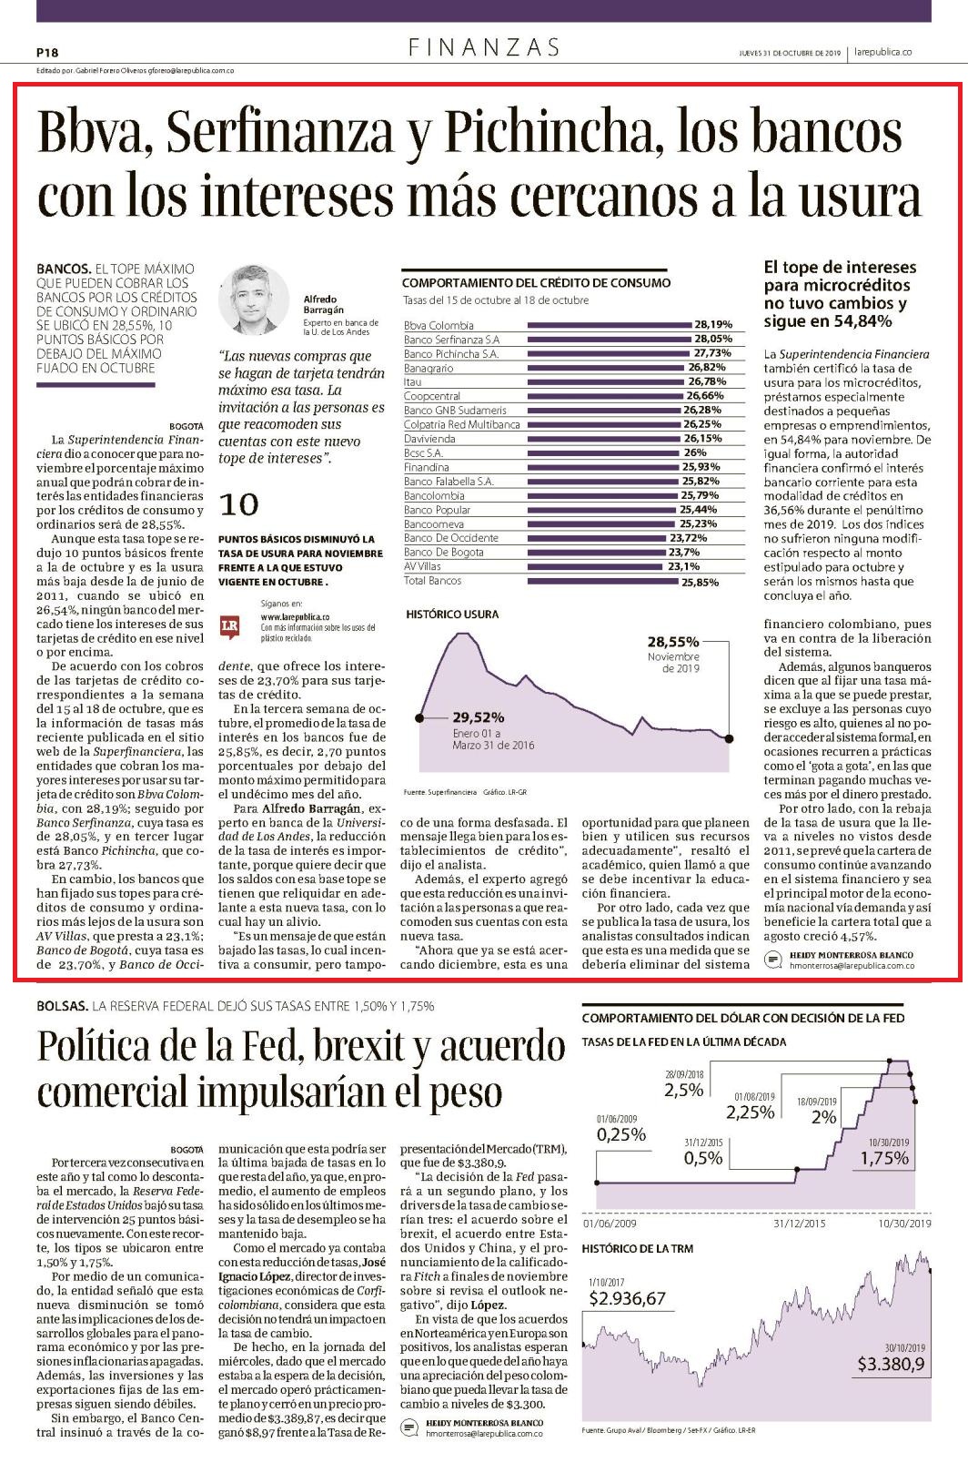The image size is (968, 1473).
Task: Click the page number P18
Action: click(x=47, y=53)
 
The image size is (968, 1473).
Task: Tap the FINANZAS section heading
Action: click(x=484, y=47)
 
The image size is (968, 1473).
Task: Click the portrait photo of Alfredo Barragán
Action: click(x=253, y=300)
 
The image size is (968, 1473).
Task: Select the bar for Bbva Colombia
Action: click(x=610, y=325)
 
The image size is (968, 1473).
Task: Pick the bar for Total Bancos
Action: click(x=602, y=582)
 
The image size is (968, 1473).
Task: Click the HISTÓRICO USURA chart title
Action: click(x=452, y=615)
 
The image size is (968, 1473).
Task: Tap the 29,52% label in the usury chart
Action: click(x=479, y=716)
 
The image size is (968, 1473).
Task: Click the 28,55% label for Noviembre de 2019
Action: click(x=673, y=642)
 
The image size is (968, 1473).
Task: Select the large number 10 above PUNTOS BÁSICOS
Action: click(x=238, y=505)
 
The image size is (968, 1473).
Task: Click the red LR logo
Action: click(x=229, y=627)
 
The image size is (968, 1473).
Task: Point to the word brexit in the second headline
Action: click(x=356, y=1045)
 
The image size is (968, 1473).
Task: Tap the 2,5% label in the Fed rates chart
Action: click(x=683, y=1091)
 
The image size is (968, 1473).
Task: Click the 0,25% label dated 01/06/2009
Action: click(x=621, y=1134)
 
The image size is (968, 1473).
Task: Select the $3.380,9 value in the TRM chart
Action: click(x=891, y=1364)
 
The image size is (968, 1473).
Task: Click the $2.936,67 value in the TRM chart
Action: click(x=627, y=1298)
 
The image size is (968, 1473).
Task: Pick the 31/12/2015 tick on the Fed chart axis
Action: click(x=799, y=1224)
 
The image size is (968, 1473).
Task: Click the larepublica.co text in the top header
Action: click(x=883, y=52)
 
